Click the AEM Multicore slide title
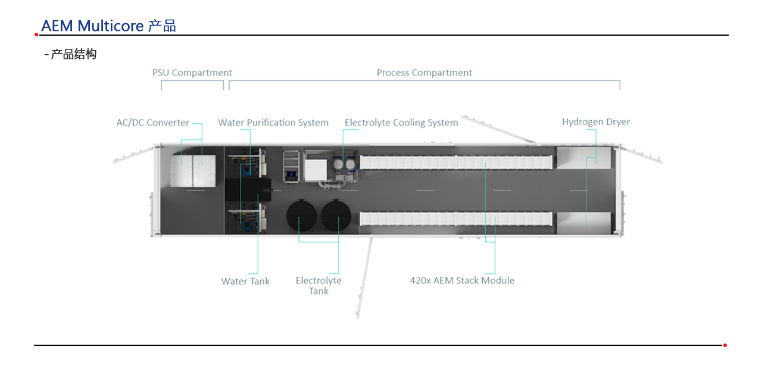click(x=108, y=26)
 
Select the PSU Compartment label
click(x=192, y=73)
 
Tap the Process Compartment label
click(x=424, y=73)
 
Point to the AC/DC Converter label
click(x=152, y=123)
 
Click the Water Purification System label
click(x=273, y=123)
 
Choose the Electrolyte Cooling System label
click(x=401, y=123)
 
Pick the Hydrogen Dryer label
click(x=596, y=122)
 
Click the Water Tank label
click(x=245, y=282)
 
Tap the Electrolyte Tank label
click(x=319, y=286)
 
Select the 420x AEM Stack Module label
click(x=462, y=280)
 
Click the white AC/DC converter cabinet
click(x=193, y=171)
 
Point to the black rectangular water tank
click(x=248, y=190)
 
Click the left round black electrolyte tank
click(x=301, y=216)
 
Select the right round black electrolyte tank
click(x=336, y=216)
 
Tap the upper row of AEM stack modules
click(x=456, y=162)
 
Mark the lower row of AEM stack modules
click(x=456, y=218)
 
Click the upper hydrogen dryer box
click(x=583, y=158)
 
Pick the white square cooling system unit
click(x=316, y=170)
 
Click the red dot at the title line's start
click(x=36, y=35)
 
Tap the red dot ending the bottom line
click(x=725, y=345)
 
